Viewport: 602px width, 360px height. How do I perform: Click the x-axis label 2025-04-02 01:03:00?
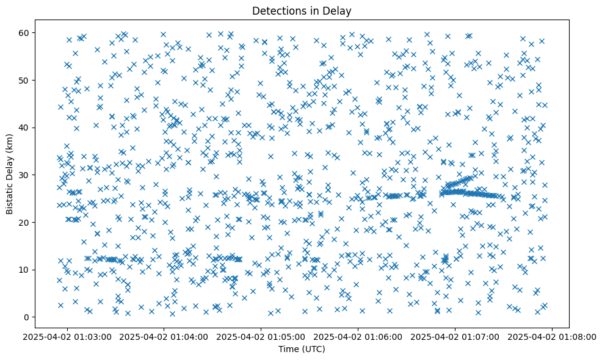(x=68, y=336)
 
